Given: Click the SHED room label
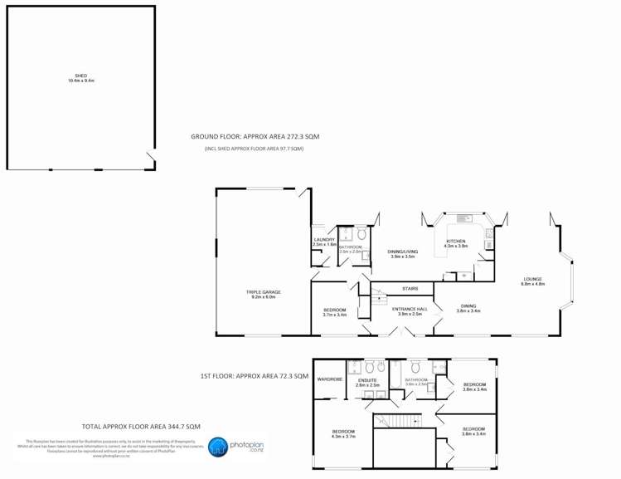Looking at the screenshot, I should click(x=80, y=78).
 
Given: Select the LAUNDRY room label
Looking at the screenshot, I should click(x=324, y=242).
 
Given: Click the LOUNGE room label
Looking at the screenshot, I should click(x=532, y=281).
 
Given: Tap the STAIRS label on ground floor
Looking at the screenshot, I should click(x=410, y=288).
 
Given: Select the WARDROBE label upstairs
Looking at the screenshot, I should click(x=330, y=379).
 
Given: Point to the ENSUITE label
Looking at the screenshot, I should click(x=367, y=382).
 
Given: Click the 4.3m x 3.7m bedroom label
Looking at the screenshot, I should click(x=343, y=433).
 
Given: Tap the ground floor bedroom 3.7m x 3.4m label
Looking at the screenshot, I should click(x=334, y=311).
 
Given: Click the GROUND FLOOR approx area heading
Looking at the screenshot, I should click(x=255, y=135).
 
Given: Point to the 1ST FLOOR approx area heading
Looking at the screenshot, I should click(x=255, y=376).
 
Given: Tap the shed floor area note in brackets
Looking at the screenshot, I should click(x=255, y=149).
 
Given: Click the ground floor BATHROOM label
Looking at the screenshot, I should click(x=350, y=247).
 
